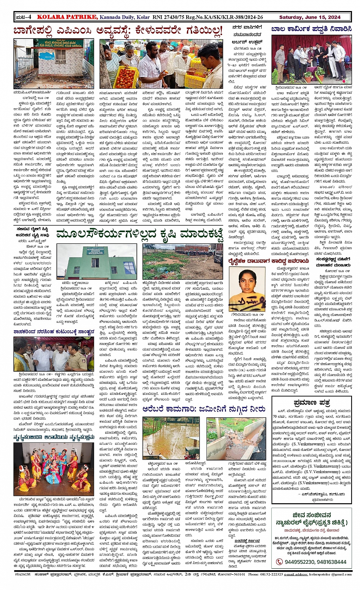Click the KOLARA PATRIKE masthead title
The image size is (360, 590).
click(x=67, y=17)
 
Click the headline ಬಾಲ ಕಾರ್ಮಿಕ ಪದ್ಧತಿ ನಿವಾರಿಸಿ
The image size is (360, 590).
click(x=311, y=29)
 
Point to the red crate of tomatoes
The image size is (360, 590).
click(x=126, y=77)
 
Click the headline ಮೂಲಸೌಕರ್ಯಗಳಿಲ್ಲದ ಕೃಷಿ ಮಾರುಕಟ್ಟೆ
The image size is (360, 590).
click(x=139, y=234)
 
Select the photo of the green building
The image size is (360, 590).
click(x=97, y=262)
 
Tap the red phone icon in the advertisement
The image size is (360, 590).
click(x=279, y=561)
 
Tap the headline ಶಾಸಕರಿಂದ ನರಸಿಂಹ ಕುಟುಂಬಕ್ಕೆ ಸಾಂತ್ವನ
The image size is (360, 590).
click(x=53, y=332)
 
